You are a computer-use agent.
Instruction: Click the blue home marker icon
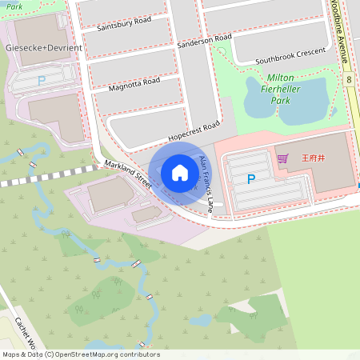tap(179, 173)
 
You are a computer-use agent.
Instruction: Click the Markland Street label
tap(127, 174)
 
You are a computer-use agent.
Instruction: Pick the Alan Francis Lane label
tap(206, 182)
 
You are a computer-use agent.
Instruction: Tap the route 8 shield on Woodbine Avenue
tap(350, 80)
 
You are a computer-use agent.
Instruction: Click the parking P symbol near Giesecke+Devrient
tap(41, 81)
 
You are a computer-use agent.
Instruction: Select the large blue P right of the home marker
tap(251, 180)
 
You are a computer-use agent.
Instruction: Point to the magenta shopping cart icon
tap(282, 158)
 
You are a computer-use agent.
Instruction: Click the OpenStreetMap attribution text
tap(80, 354)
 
